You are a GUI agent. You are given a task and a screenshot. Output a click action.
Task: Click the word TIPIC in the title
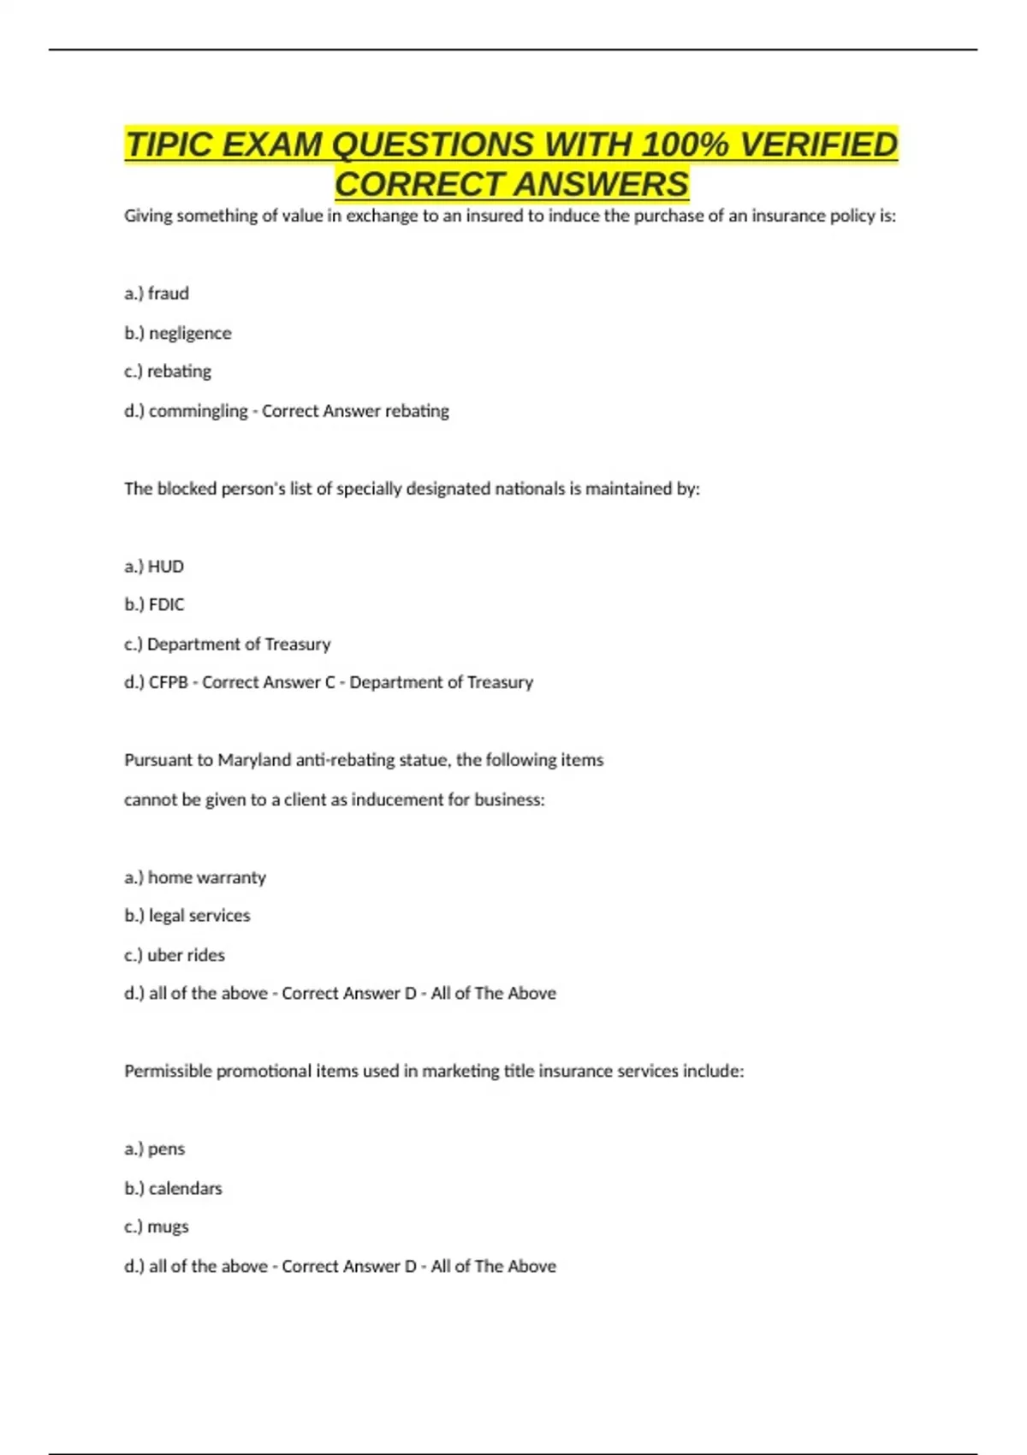click(169, 145)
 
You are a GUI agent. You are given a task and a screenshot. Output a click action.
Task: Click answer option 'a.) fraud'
click(157, 294)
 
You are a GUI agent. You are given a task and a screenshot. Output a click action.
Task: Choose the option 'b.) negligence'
click(178, 333)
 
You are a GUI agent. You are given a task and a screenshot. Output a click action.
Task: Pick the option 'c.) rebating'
click(168, 371)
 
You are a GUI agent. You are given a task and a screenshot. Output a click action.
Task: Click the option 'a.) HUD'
click(154, 567)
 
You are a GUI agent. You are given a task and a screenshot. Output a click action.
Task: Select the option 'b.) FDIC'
click(154, 605)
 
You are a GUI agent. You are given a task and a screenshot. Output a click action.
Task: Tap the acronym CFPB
click(168, 683)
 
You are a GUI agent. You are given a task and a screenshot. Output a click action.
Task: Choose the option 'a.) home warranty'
click(195, 877)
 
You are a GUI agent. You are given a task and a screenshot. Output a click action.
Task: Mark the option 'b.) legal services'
click(187, 916)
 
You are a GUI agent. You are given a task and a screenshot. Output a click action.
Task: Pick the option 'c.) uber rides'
click(175, 955)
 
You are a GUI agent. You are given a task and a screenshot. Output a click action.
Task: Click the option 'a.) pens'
click(155, 1149)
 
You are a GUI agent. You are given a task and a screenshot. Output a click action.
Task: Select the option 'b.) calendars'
click(173, 1188)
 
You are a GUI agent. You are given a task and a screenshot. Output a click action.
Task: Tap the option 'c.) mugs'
click(157, 1226)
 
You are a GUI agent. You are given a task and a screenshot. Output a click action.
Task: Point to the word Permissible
click(168, 1072)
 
